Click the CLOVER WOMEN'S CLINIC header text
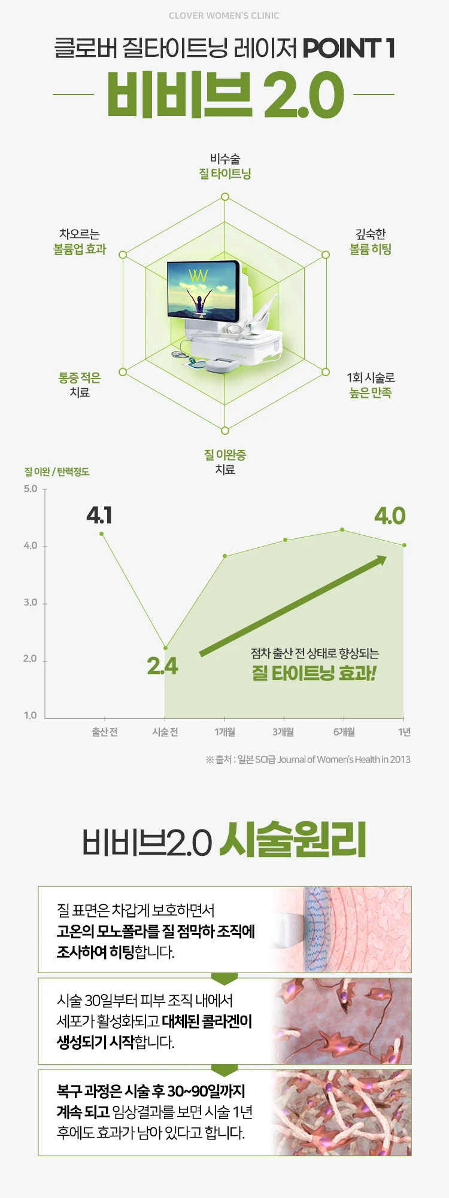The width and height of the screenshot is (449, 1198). click(x=224, y=16)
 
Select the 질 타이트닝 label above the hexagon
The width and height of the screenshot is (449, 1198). click(x=225, y=173)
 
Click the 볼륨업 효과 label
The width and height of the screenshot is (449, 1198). click(x=80, y=249)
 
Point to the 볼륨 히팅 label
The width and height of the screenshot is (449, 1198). click(x=371, y=249)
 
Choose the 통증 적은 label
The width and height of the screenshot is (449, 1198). click(x=80, y=377)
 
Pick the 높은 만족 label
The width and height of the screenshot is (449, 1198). click(x=371, y=392)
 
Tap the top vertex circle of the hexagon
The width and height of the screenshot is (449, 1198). click(x=225, y=197)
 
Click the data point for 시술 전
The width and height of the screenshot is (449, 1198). click(x=165, y=648)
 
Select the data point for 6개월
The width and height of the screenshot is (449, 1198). click(x=342, y=529)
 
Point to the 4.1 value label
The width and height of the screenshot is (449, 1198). click(x=99, y=515)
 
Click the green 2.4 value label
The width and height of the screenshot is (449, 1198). click(x=162, y=666)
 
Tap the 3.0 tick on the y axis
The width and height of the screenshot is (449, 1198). click(x=31, y=602)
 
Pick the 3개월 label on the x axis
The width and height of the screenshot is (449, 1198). click(x=283, y=732)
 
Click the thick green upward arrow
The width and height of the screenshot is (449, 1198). click(x=293, y=605)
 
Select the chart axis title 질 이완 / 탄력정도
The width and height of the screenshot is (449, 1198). click(x=56, y=472)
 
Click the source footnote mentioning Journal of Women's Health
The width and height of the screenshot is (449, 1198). click(x=308, y=760)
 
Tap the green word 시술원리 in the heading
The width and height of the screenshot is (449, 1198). click(x=293, y=840)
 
